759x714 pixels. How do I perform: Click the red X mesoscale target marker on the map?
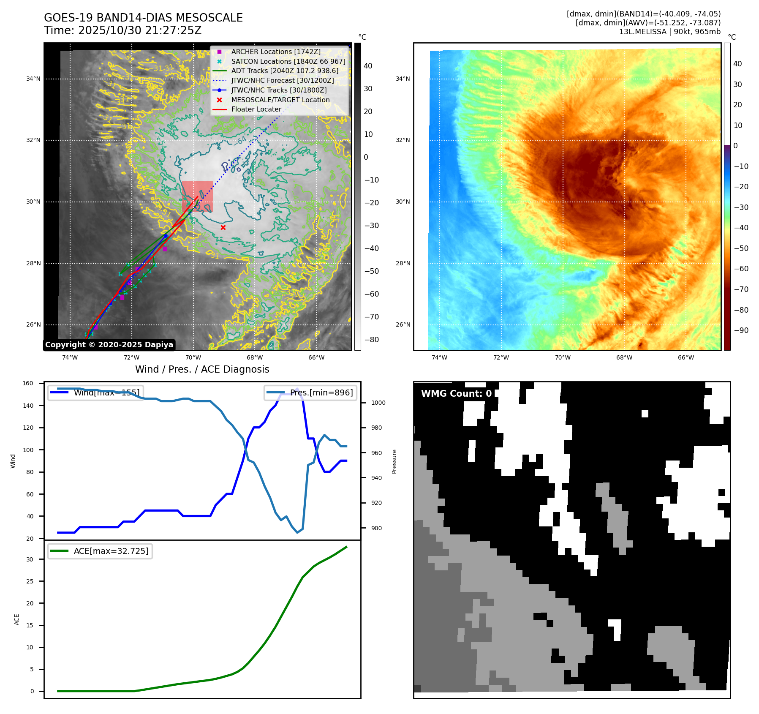223,228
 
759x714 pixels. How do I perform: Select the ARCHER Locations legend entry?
275,52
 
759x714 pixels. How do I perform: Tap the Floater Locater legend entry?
256,109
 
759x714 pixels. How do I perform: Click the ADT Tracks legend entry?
285,71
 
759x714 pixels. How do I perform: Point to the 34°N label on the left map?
33,79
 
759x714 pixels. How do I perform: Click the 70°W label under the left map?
193,357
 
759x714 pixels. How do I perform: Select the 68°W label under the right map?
624,357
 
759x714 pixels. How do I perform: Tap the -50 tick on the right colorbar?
741,248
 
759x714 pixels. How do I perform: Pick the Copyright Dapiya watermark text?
109,345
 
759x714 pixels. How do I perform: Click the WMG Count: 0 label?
456,394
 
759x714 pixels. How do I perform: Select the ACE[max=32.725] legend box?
100,551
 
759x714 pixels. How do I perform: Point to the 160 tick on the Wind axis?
28,384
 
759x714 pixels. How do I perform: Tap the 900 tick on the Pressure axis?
376,528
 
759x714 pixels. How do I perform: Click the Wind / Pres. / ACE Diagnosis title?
202,369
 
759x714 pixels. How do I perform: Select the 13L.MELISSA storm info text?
669,32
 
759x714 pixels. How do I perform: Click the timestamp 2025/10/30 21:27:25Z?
140,30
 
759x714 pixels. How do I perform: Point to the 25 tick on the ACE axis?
30,581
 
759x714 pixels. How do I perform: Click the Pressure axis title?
394,461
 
